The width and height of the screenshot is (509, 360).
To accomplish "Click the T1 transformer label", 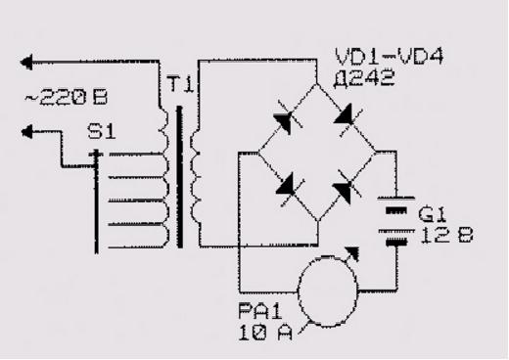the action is [x=181, y=84].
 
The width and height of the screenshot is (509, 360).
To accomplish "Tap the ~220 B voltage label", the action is [x=67, y=98].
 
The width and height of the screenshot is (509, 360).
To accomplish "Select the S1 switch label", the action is [x=102, y=132].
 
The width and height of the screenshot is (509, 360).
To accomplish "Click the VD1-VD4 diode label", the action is [x=390, y=57].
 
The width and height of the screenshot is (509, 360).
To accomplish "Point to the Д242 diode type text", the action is [x=364, y=78].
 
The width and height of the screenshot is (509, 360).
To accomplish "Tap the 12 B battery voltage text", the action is [x=447, y=236].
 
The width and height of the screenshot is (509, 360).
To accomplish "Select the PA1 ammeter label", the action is [x=260, y=311].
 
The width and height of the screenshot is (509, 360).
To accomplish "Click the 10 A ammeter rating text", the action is [x=265, y=333].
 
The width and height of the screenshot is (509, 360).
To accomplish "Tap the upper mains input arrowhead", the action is [x=26, y=62].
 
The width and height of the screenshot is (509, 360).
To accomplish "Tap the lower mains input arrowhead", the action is [x=27, y=132].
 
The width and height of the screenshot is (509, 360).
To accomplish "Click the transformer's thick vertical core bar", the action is [x=180, y=177].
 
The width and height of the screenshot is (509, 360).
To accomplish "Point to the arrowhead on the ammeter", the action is [x=352, y=253].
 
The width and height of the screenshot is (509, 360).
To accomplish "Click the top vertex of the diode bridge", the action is [x=316, y=84].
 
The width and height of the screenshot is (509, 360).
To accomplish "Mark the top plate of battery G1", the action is [x=396, y=198].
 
